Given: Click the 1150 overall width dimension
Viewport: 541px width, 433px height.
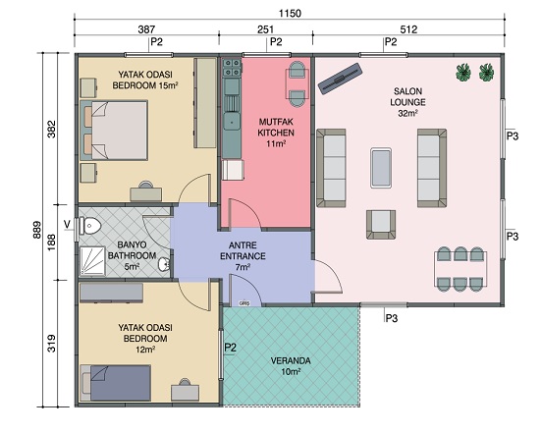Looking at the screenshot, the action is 290,14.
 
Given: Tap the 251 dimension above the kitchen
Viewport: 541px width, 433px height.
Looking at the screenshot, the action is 265,29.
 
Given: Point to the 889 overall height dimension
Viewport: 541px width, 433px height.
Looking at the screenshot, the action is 37,230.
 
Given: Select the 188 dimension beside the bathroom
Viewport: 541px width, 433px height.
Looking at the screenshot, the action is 51,243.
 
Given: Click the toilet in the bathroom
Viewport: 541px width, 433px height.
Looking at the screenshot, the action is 89,226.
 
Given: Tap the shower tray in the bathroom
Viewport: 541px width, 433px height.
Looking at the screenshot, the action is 92,261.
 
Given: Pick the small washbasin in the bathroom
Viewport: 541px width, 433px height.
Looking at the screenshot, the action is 164,265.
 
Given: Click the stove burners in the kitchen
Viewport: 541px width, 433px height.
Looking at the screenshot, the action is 232,68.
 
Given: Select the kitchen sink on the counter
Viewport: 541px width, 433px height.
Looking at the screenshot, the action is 232,122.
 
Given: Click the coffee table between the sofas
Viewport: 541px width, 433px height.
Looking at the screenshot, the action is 381,168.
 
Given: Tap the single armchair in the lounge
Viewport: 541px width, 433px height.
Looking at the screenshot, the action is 381,225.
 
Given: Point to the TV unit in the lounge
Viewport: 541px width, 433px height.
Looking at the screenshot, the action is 340,79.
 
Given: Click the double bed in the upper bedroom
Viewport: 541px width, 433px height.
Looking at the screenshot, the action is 114,130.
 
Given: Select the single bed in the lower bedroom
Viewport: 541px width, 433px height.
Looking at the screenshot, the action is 116,383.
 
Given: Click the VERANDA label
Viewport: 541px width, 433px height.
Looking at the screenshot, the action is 291,361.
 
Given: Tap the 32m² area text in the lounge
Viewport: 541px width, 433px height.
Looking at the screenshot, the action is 407,113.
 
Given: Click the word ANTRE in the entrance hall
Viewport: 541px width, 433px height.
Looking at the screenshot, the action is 243,245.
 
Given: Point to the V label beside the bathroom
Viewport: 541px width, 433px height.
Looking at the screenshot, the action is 68,225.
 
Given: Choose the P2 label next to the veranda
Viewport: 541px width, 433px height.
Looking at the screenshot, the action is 231,348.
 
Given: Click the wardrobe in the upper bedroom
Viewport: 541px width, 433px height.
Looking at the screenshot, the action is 205,103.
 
